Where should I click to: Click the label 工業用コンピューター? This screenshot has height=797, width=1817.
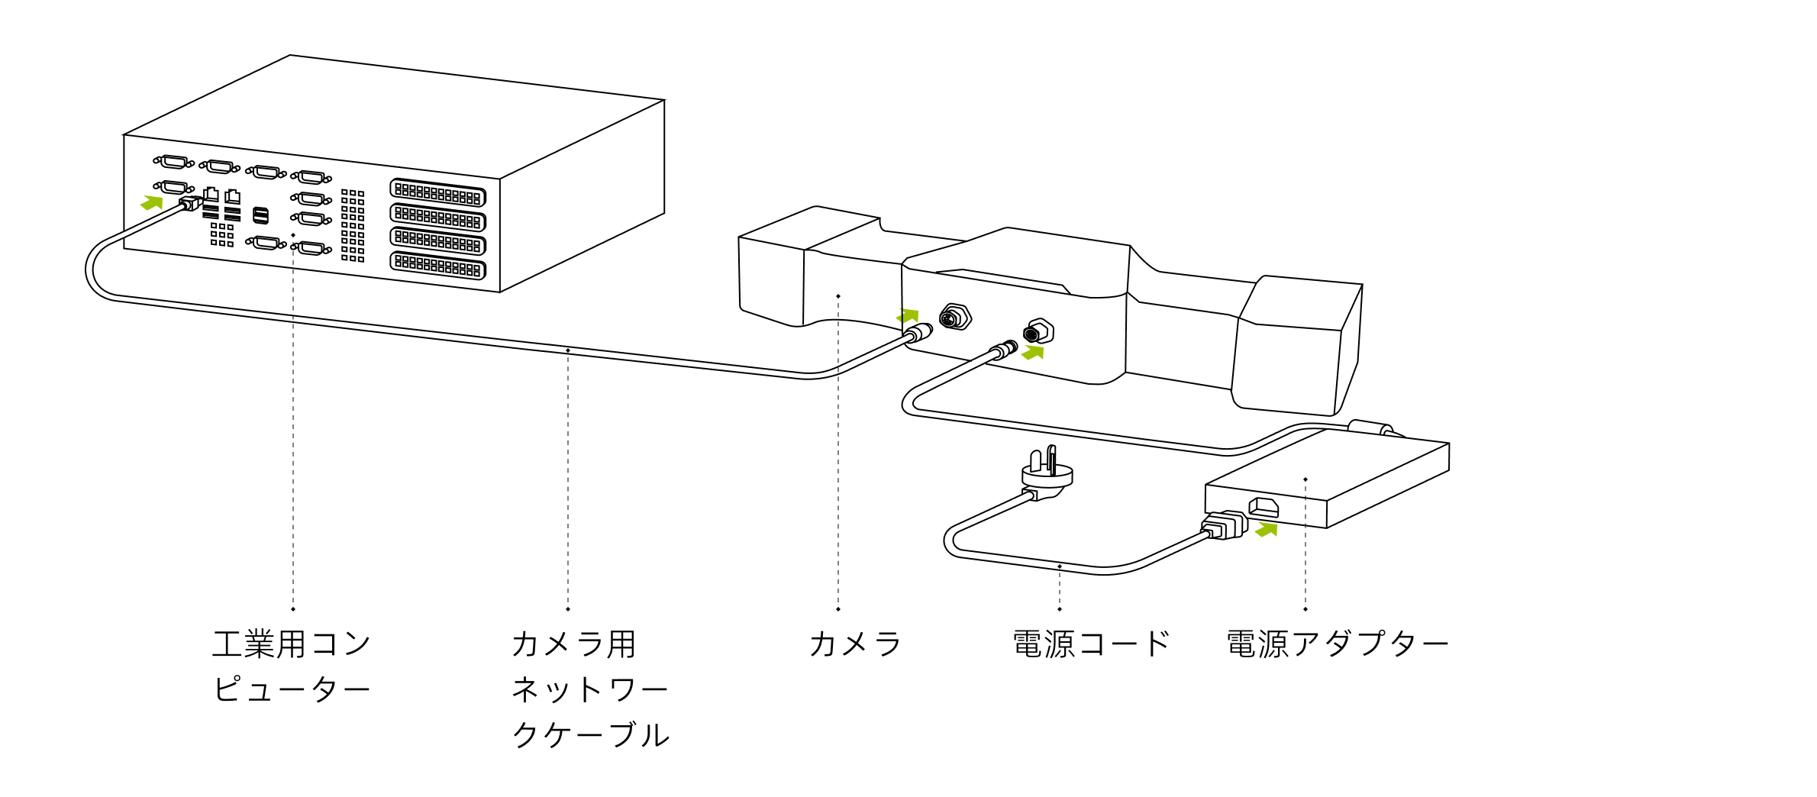291,666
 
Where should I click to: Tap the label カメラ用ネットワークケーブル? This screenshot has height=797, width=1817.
589,688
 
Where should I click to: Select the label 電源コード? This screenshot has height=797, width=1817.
1091,644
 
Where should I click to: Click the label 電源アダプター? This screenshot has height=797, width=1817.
1337,644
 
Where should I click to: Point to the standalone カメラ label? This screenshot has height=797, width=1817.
855,644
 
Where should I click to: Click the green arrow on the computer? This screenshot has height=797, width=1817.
152,202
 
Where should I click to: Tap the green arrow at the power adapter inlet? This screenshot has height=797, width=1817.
1267,529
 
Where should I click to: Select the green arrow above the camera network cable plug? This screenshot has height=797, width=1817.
908,315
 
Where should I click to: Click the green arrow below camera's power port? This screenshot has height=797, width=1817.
1033,352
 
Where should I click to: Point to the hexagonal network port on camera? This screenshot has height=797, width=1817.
954,317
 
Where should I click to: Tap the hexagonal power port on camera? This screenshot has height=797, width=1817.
1038,332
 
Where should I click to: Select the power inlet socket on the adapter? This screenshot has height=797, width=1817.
1264,506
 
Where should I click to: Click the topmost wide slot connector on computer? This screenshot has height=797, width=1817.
437,192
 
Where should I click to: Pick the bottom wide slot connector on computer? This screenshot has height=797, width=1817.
437,265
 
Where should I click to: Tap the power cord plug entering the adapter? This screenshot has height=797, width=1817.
1223,525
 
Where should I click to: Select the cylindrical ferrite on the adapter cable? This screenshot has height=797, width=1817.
1370,427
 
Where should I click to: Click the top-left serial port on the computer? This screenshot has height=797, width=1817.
174,162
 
